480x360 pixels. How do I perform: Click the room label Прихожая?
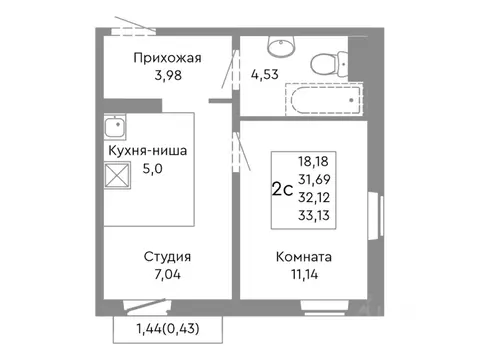[x=167, y=58]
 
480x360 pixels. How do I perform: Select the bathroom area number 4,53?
[x=265, y=72]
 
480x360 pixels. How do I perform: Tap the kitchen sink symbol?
[x=113, y=128]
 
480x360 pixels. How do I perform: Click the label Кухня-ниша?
[x=147, y=151]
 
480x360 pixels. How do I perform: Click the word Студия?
[x=167, y=256]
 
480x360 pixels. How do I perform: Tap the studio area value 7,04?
[x=167, y=275]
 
